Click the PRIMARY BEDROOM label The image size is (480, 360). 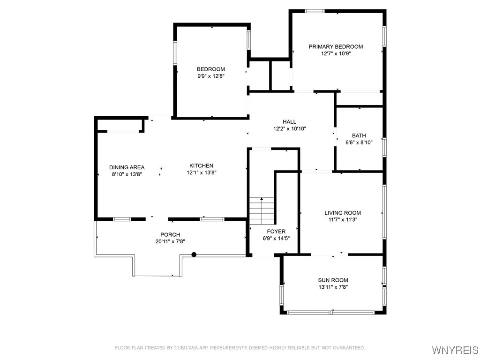tap(336, 46)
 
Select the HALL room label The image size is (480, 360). tap(289, 121)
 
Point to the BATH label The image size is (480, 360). tap(359, 135)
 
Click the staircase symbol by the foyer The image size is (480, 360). tap(262, 210)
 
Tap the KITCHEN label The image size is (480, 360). tap(201, 165)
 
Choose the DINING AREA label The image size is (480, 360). tap(127, 167)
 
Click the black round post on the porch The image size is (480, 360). tap(194, 255)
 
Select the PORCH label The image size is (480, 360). tap(170, 235)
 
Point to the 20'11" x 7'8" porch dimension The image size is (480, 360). tap(170, 241)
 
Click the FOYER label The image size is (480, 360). tap(276, 231)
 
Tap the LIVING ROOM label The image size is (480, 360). tap(343, 213)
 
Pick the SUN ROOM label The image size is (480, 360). tap(333, 280)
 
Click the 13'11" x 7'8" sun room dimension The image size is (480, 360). tap(333, 287)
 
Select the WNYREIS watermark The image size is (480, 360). tap(455, 350)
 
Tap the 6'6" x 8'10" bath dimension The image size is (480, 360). tap(359, 142)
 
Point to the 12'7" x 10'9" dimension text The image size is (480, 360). tap(336, 53)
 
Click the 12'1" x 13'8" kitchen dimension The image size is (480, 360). tap(201, 172)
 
